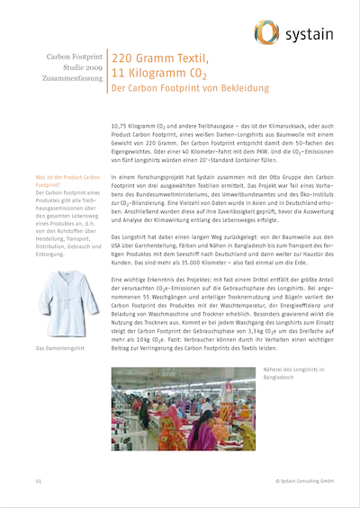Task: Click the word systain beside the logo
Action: click(x=307, y=35)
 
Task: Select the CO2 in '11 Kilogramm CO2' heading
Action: click(x=197, y=75)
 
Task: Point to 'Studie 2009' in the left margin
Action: click(x=80, y=67)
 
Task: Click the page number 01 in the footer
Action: click(x=39, y=482)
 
